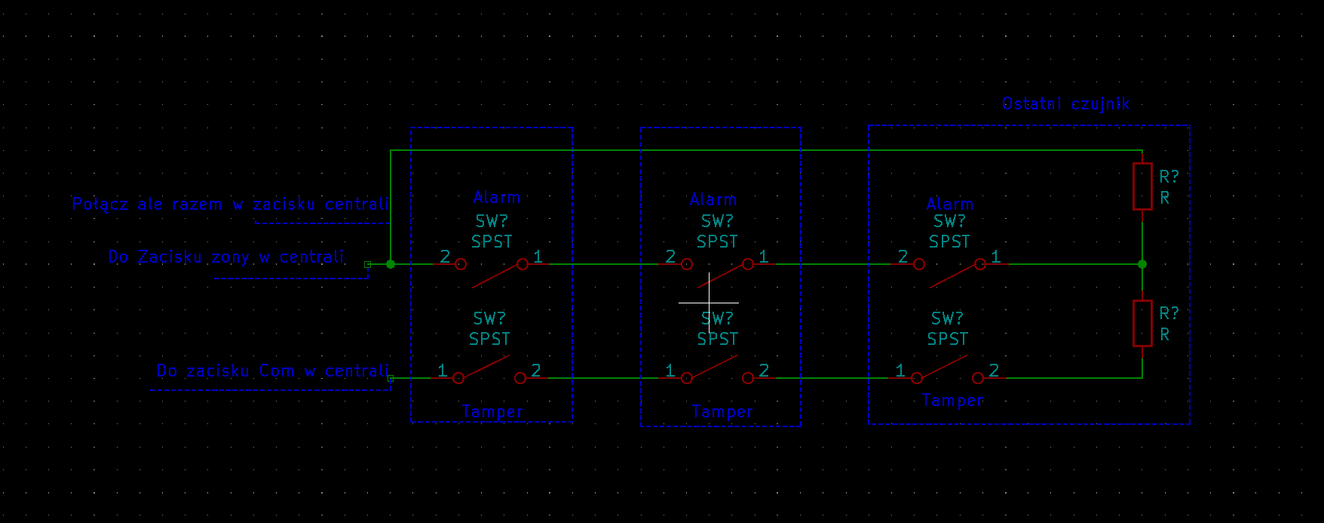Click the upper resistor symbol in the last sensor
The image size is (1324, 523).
click(x=1142, y=186)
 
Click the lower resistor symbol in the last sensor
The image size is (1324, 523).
click(x=1142, y=323)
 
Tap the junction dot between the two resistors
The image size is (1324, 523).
click(x=1142, y=264)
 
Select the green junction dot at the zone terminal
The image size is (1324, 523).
click(x=391, y=264)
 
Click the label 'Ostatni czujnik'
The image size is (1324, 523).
click(x=1065, y=104)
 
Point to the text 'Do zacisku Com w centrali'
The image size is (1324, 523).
click(x=273, y=371)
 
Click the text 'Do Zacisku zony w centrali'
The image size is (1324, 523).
click(x=226, y=257)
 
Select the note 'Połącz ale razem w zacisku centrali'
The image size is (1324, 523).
click(x=231, y=205)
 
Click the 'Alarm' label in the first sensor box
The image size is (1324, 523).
click(x=497, y=198)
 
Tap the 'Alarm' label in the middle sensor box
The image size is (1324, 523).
click(x=713, y=200)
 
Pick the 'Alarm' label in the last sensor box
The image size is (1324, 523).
click(x=950, y=205)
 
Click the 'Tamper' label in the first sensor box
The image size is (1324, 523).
click(x=492, y=412)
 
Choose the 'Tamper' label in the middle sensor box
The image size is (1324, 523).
click(x=722, y=412)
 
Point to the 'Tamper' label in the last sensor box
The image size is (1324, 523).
click(x=953, y=401)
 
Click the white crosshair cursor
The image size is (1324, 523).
click(x=709, y=303)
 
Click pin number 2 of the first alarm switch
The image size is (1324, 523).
click(x=445, y=257)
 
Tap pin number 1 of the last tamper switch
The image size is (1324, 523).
click(x=900, y=371)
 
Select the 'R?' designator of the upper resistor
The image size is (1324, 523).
click(x=1169, y=177)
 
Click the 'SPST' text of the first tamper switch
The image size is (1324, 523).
click(x=489, y=340)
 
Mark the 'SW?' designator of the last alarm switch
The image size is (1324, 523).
click(x=949, y=222)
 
